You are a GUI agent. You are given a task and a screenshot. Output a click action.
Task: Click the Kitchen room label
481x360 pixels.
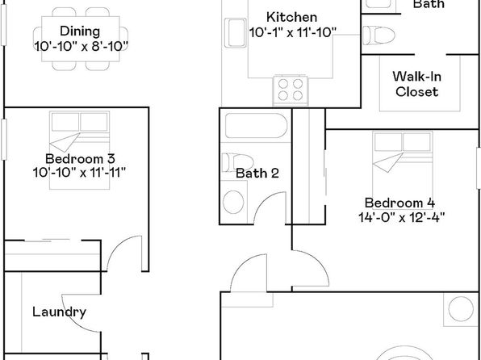(291, 17)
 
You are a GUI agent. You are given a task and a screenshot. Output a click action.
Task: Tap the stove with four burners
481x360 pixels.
(291, 91)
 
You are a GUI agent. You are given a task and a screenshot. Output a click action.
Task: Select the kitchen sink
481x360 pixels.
(236, 33)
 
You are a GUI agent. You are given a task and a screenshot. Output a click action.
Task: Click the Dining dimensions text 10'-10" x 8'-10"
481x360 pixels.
(81, 47)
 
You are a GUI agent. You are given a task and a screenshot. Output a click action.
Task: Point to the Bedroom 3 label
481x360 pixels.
(80, 159)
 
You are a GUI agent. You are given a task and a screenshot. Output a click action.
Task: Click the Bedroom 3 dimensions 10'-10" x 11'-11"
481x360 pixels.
(79, 173)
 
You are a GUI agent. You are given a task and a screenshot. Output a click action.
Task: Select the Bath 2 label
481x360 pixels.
(257, 174)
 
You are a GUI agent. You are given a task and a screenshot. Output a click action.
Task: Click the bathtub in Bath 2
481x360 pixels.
(256, 126)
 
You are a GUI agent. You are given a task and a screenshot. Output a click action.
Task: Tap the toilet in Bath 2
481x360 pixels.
(238, 162)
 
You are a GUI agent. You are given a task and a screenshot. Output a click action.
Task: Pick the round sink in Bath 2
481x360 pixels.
(233, 202)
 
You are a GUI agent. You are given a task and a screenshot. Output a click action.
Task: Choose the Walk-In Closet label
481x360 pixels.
(417, 84)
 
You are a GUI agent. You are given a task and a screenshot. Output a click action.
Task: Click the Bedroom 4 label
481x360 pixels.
(399, 203)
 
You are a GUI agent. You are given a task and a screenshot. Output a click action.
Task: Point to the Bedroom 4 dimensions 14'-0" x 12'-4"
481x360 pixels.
(402, 218)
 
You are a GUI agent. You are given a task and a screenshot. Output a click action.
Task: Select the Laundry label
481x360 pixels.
(59, 312)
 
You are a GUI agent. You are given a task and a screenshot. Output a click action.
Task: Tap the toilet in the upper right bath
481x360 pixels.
(379, 36)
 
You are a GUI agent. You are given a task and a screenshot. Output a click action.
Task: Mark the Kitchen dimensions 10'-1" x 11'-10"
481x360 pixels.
(293, 32)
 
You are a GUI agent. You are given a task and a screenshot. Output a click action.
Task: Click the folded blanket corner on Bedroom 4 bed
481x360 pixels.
(387, 163)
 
